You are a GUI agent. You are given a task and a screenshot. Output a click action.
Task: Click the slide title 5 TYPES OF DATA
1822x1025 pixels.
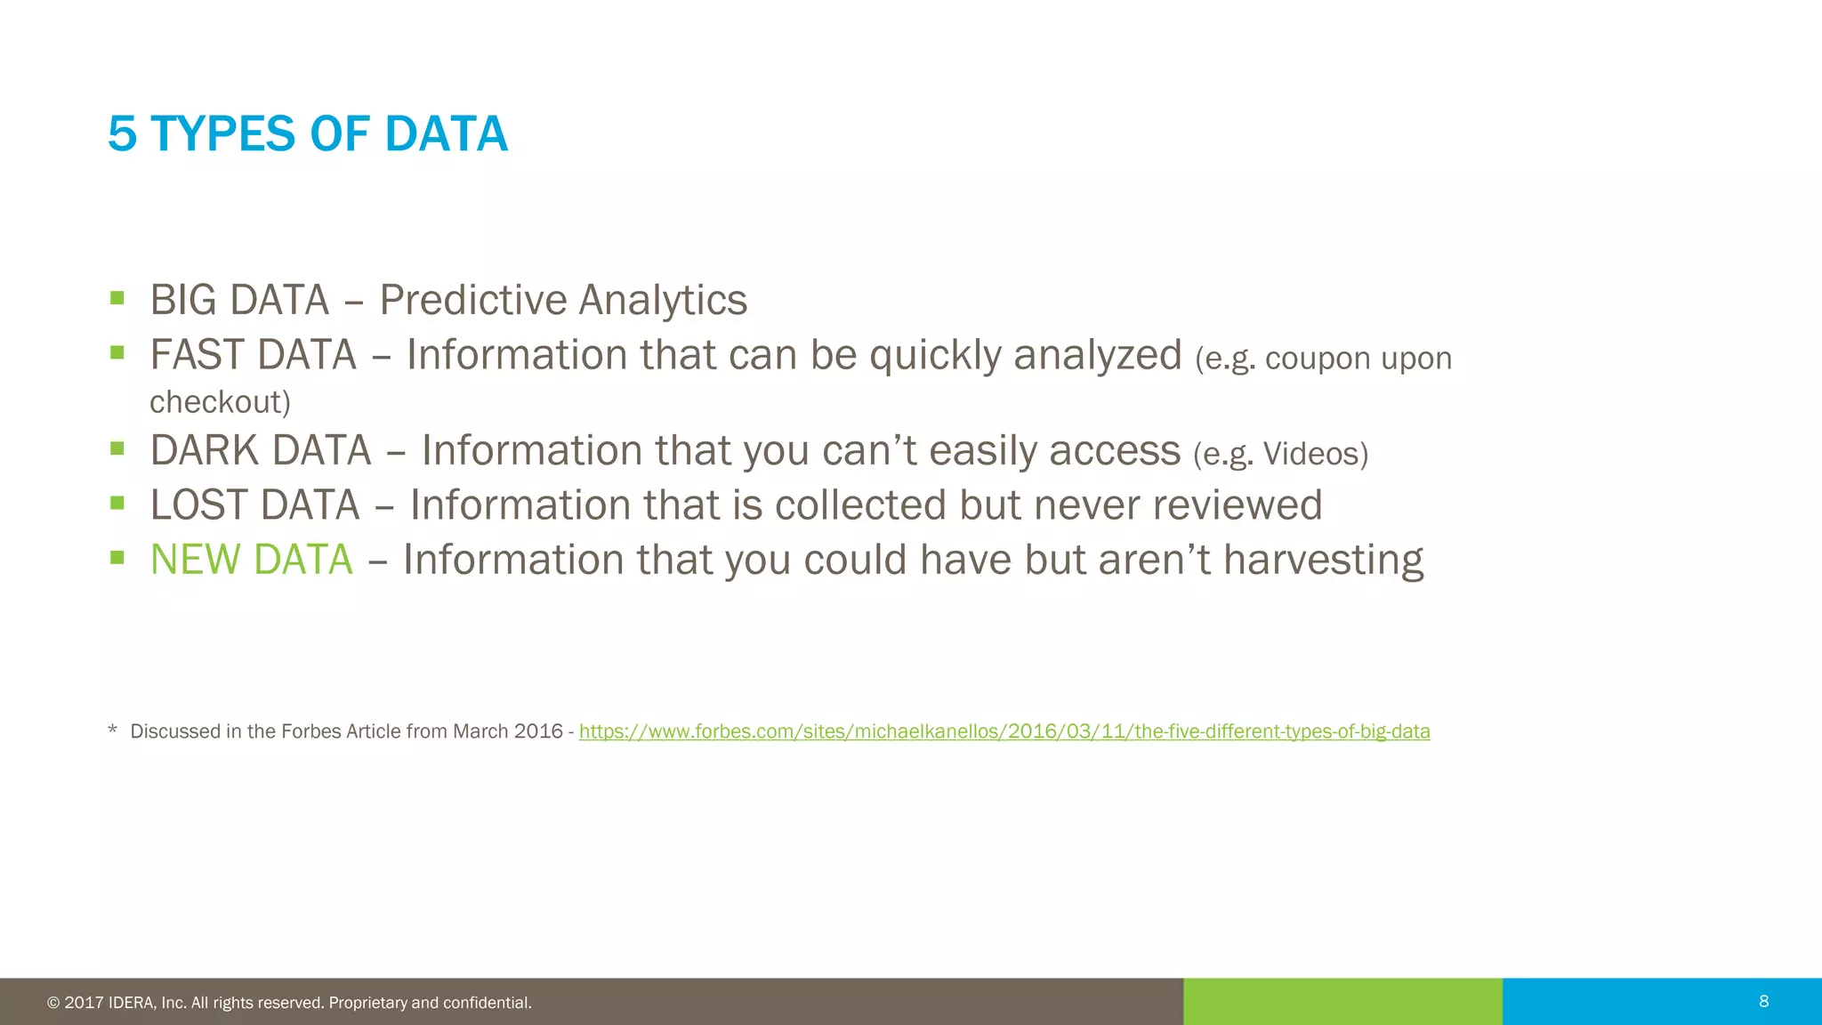(x=307, y=134)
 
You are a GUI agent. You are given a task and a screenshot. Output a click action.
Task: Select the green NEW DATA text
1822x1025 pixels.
(x=251, y=560)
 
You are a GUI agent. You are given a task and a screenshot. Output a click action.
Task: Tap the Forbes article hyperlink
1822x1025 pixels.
(x=1004, y=731)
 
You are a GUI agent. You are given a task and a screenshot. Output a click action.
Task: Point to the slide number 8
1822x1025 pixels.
(x=1763, y=1002)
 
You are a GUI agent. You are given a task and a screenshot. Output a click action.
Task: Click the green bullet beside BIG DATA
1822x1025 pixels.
(x=117, y=298)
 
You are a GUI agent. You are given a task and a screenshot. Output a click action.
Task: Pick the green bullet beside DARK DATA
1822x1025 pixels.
(x=117, y=448)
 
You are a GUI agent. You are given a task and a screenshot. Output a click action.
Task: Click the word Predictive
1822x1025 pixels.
(x=472, y=301)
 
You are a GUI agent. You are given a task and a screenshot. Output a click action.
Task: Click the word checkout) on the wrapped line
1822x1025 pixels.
(x=220, y=402)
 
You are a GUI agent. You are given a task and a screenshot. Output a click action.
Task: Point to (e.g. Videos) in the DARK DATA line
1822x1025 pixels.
(x=1280, y=454)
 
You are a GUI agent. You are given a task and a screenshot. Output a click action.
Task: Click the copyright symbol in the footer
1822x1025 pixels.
(x=53, y=1003)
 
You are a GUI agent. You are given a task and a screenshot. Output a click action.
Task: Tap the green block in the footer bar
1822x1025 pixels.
(x=1342, y=1002)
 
